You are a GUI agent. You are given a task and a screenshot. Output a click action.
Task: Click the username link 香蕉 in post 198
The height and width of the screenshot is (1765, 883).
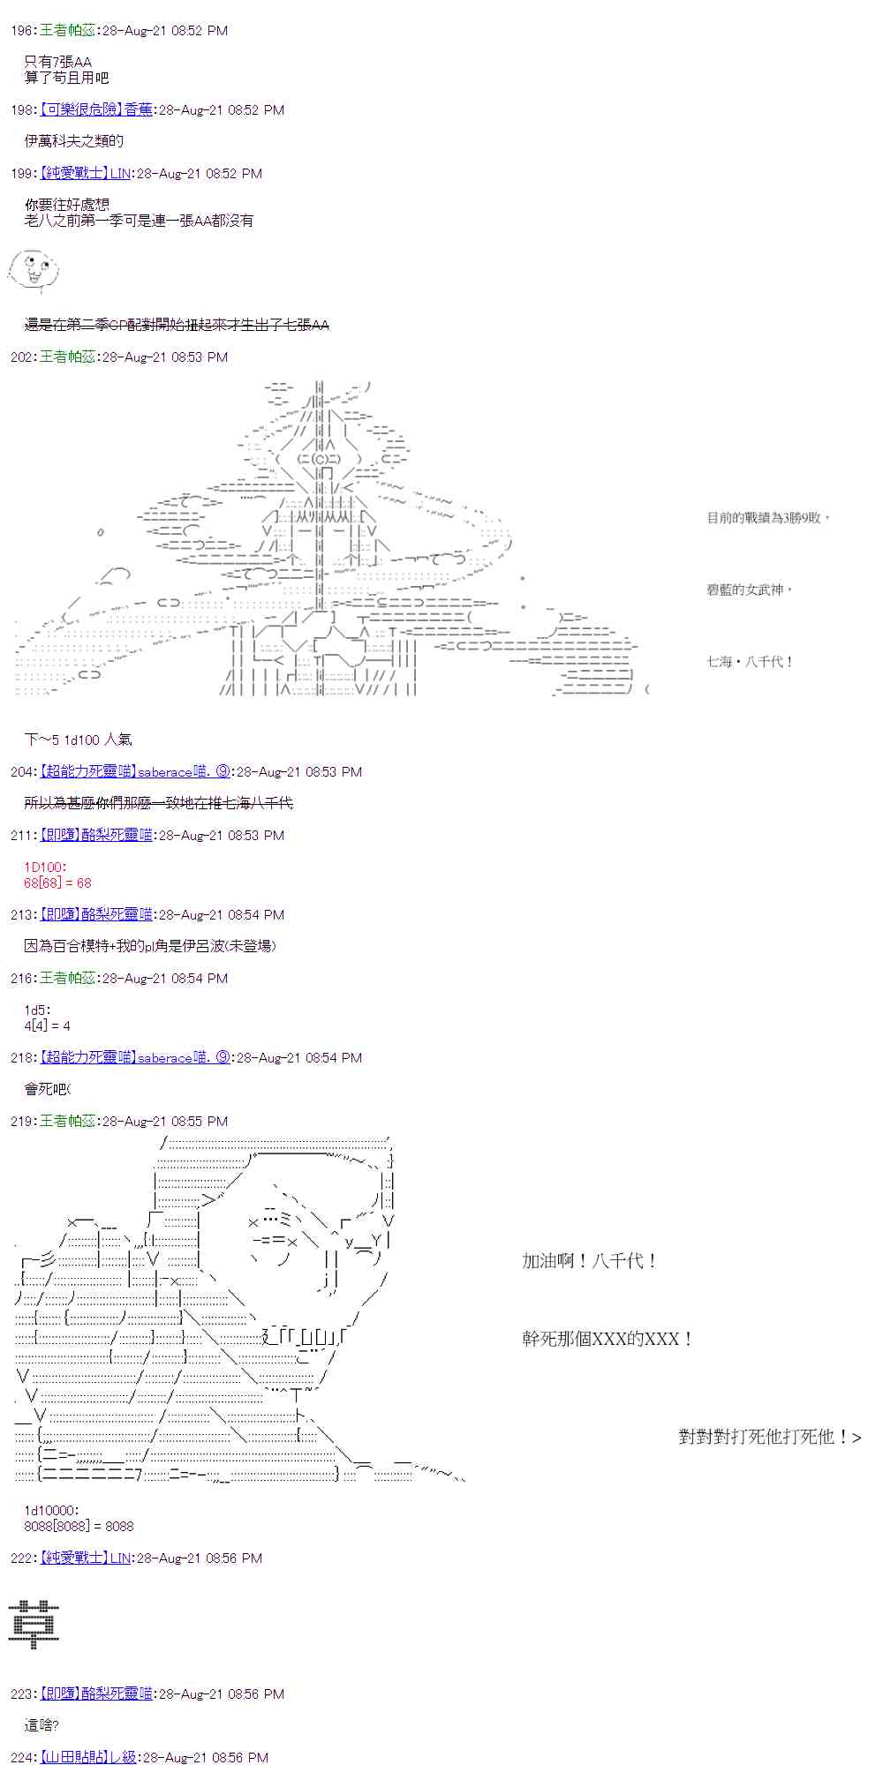pos(138,110)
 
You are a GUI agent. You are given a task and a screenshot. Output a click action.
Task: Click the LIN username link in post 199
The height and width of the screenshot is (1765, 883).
pos(120,174)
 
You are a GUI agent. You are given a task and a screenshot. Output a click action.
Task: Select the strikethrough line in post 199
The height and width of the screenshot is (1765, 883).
pos(177,325)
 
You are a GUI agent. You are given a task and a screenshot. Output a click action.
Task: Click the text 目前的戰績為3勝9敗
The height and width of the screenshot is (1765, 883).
pos(767,518)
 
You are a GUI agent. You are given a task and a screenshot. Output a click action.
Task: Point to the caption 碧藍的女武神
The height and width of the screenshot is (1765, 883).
pos(749,590)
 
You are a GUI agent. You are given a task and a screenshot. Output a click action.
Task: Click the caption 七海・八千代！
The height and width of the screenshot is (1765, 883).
pos(750,661)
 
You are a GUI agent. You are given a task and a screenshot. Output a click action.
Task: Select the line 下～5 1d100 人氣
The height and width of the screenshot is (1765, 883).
pos(79,740)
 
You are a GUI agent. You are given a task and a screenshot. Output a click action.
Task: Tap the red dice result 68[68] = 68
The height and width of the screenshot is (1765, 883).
pos(57,882)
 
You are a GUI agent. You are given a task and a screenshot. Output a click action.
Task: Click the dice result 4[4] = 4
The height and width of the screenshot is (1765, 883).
pos(47,1025)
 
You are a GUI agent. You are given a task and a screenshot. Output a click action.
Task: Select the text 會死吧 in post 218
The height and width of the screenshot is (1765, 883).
pos(47,1089)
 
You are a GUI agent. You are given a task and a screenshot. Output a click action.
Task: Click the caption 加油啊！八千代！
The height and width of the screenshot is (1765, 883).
pos(589,1261)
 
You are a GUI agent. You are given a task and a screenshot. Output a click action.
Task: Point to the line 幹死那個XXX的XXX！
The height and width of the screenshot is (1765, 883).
pos(607,1339)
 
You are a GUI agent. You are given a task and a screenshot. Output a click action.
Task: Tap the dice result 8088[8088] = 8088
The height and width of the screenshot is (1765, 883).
pos(79,1526)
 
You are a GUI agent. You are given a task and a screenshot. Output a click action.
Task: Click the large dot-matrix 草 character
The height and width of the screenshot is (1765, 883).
pos(34,1625)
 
